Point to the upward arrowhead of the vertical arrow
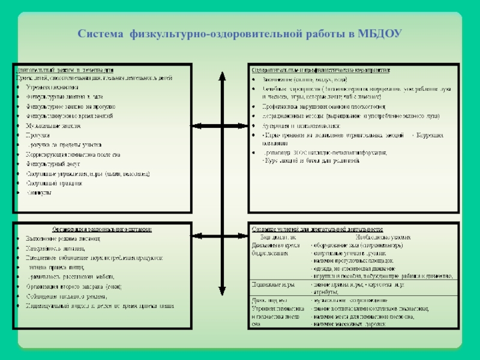coord(223,77)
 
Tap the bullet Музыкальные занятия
coord(53,126)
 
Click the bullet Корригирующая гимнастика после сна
coord(73,154)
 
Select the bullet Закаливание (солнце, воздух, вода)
coord(308,79)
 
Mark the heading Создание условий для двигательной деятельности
coord(318,229)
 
